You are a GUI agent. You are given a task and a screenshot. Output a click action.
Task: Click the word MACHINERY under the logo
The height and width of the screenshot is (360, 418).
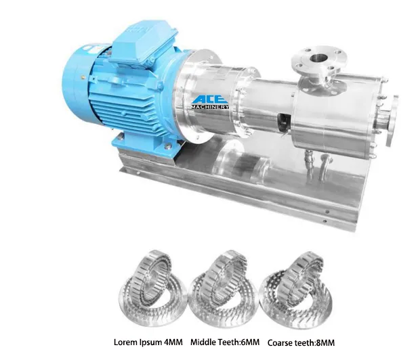209,108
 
